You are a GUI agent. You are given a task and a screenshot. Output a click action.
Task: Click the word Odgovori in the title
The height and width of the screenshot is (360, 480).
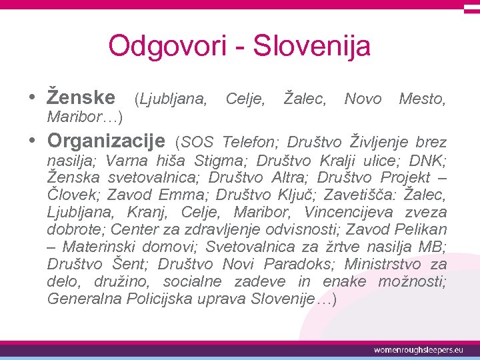pos(154,47)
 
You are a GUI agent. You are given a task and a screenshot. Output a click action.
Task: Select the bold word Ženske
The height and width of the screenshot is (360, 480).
pos(81,97)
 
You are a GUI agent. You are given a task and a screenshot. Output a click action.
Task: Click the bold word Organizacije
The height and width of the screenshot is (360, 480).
pos(106,141)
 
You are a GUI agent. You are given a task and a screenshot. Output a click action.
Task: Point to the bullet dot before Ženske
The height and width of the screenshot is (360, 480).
pos(33,97)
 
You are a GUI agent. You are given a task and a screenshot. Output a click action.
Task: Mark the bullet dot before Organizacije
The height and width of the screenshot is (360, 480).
pos(33,141)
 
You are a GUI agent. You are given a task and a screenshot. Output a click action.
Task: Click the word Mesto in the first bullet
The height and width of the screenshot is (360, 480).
pos(421,99)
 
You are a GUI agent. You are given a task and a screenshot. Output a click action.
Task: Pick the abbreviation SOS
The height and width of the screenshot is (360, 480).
pos(197,143)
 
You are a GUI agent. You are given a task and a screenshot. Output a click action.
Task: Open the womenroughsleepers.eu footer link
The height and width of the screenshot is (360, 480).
pos(417,349)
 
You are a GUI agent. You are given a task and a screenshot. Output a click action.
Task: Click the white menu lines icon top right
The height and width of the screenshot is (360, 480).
pos(471,8)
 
